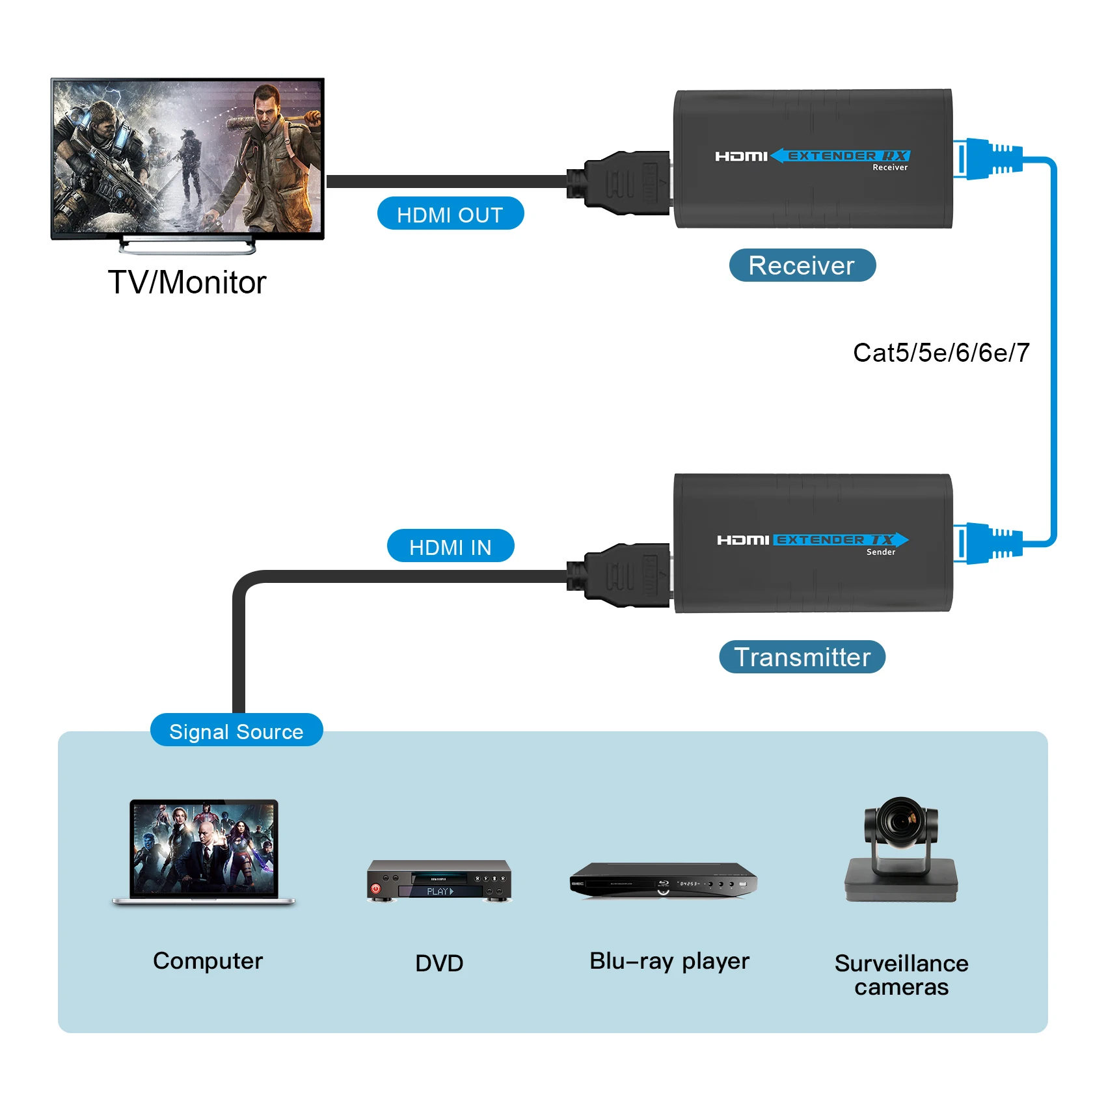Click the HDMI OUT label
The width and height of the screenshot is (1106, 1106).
(x=450, y=214)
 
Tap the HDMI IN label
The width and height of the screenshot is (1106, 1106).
(x=450, y=546)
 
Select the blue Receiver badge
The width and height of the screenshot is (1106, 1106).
(x=802, y=265)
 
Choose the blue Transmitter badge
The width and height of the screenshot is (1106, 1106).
(x=802, y=657)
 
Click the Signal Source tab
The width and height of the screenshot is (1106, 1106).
(x=236, y=731)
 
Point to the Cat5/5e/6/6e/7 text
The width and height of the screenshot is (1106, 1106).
(x=941, y=353)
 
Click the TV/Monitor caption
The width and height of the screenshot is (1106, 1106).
(x=187, y=282)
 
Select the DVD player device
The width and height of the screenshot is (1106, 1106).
(x=439, y=881)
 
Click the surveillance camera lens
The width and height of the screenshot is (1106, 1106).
(x=900, y=822)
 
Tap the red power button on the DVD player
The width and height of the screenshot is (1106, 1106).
(x=375, y=888)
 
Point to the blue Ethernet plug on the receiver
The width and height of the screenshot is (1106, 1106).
(x=989, y=159)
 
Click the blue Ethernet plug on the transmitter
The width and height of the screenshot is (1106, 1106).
(x=989, y=543)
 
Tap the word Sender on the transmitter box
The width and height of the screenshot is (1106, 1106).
(x=881, y=552)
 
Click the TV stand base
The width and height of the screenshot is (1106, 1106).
(x=187, y=246)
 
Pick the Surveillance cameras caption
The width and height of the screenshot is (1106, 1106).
(x=901, y=975)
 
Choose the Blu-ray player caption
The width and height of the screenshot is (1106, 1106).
(x=669, y=961)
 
